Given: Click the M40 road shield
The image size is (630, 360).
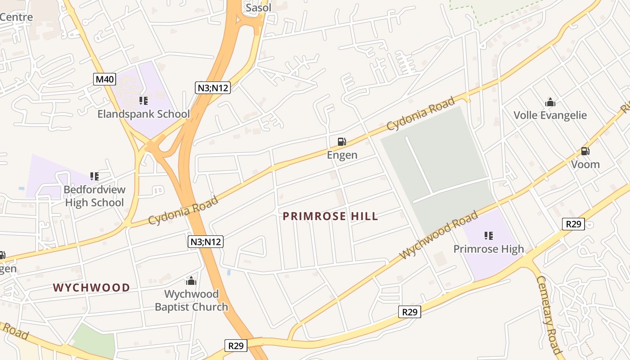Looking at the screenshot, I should click(105, 80).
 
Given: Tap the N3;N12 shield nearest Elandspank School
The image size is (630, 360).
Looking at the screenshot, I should click(213, 88).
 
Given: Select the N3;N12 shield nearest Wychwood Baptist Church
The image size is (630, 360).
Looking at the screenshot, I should click(205, 242).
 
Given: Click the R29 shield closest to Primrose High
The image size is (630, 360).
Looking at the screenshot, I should click(573, 224).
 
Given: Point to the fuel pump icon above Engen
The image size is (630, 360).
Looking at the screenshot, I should click(342, 142).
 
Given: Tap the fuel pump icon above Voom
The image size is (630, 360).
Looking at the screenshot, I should click(585, 151).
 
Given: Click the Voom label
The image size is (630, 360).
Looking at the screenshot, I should click(585, 165).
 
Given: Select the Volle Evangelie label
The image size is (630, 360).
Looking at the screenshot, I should click(550, 115).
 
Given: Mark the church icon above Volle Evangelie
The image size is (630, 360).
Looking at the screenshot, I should click(550, 102).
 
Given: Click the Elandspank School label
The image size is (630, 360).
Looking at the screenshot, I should click(144, 114).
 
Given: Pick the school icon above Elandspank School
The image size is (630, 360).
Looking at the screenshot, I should click(144, 101).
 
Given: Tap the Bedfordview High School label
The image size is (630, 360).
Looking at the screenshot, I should click(94, 196).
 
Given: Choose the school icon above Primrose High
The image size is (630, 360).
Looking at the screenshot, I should click(488, 235).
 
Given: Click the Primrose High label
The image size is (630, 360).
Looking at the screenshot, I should click(488, 249).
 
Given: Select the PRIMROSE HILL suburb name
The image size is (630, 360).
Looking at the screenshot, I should click(330, 216).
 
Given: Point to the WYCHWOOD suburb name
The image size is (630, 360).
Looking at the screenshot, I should click(91, 288).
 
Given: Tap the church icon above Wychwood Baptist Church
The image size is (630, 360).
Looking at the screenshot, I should click(191, 281).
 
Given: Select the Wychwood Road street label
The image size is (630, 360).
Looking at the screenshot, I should click(438, 234).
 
